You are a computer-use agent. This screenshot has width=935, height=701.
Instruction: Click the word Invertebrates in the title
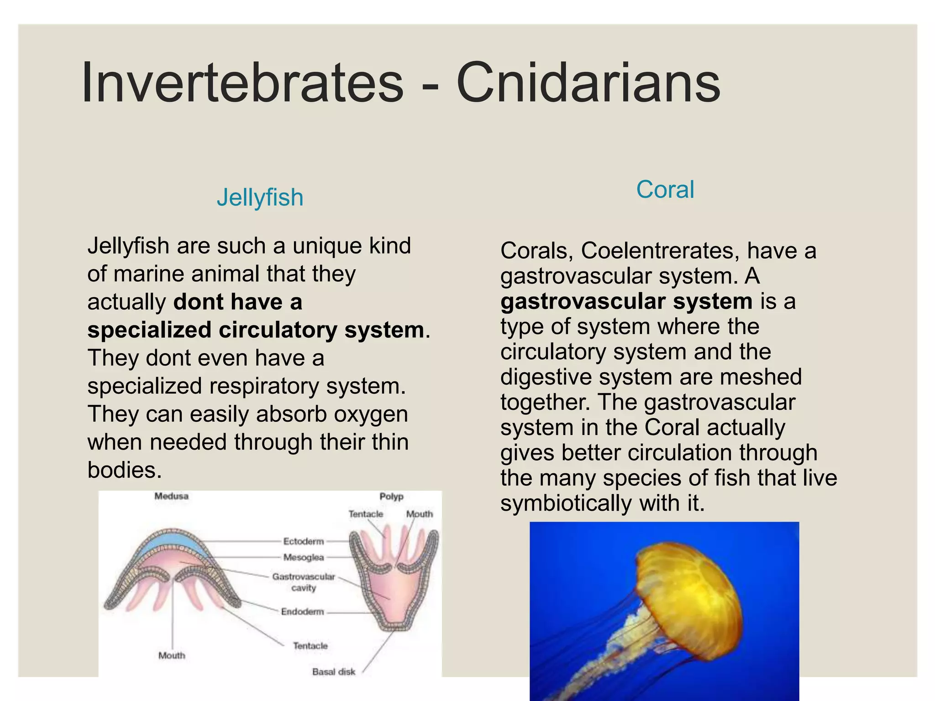point(242,83)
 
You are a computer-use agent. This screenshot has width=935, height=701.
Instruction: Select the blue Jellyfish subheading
point(260,198)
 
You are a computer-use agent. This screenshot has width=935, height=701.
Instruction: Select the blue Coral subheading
point(665,189)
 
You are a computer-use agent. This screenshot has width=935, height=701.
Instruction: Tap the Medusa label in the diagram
point(171,496)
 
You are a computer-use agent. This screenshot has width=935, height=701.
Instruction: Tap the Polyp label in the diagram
point(391,497)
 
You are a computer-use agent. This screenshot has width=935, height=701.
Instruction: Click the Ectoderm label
point(303,541)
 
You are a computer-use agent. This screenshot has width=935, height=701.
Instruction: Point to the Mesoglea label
point(303,557)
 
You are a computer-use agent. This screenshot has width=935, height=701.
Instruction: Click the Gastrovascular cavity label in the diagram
point(304,582)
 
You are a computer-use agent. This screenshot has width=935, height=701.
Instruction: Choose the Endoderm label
point(302,612)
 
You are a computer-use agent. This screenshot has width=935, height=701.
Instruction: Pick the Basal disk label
point(333,672)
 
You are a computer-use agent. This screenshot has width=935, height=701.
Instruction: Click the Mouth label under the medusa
point(172,655)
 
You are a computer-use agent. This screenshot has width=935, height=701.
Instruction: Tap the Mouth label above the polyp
point(419,514)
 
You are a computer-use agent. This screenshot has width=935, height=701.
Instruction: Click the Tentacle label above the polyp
point(366,514)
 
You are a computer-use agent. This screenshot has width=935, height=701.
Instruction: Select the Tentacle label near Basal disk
point(310,646)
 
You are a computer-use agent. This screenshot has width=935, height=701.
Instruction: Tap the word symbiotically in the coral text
point(566,503)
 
